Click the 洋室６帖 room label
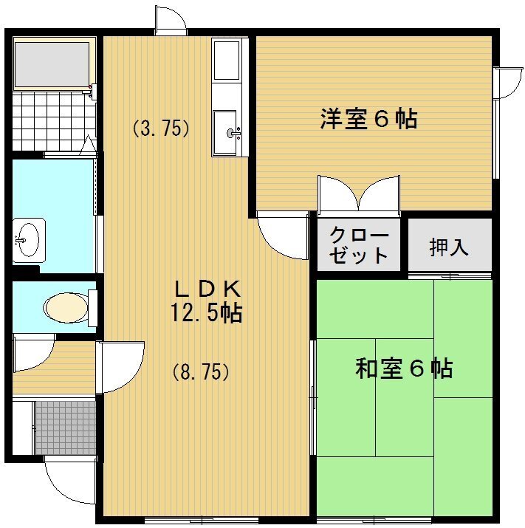368,119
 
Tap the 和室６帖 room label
404,368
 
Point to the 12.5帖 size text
206,313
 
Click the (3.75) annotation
161,128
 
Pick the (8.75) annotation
200,372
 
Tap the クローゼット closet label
359,246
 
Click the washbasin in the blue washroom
29,239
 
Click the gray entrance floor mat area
65,428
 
